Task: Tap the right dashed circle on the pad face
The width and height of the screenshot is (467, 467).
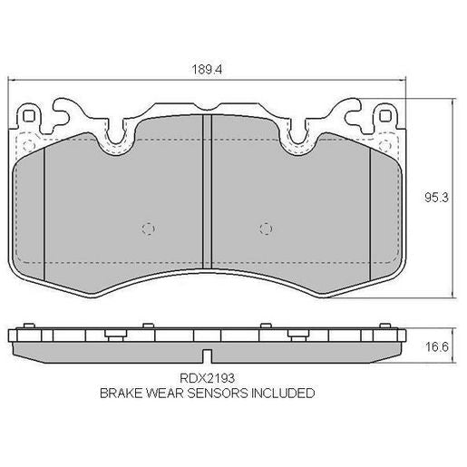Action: [x=266, y=228]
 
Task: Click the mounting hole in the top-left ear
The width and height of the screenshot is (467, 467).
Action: [x=30, y=117]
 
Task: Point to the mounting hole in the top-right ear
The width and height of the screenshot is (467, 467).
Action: [x=386, y=117]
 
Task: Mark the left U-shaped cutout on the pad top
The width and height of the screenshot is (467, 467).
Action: [x=115, y=136]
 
